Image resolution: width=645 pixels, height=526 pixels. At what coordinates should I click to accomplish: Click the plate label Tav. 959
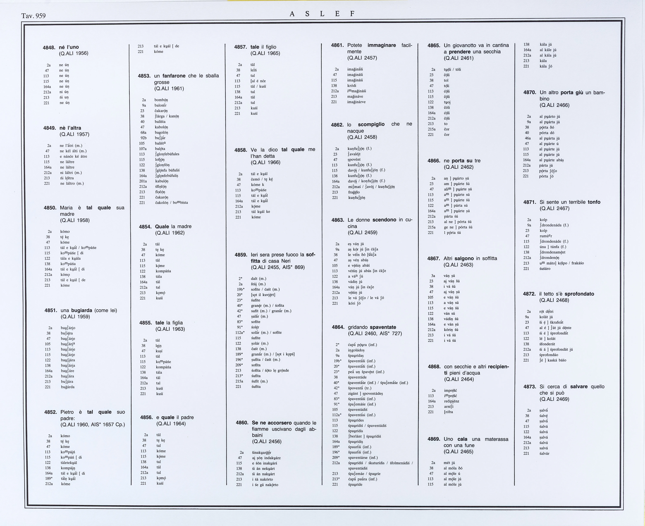point(33,16)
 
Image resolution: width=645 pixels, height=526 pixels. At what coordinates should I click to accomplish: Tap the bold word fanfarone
point(174,76)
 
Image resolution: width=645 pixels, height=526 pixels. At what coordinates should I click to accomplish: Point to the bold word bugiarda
point(82,310)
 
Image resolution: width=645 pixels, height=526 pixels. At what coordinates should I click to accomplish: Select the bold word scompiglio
point(371,124)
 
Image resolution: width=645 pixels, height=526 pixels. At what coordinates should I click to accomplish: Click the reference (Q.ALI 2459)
point(362,233)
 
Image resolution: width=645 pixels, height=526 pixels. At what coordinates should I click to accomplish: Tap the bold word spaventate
point(383,327)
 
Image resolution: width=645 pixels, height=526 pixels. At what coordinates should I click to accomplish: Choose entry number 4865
point(434,45)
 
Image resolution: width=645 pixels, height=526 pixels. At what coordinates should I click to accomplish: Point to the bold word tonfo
point(594,202)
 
